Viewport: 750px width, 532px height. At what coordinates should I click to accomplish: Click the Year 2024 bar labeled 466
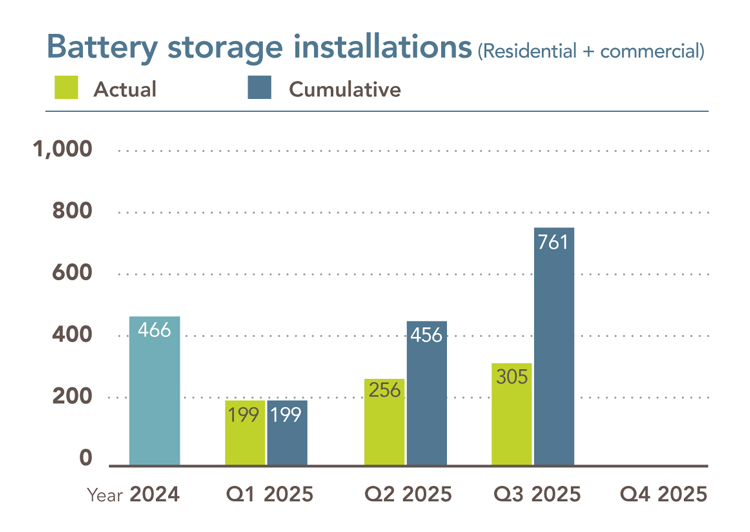(x=154, y=391)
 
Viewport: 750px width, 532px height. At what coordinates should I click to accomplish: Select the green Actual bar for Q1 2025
(x=245, y=433)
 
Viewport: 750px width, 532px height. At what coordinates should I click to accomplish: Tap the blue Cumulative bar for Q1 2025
(x=287, y=433)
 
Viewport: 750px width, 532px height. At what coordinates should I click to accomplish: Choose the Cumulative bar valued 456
(x=427, y=393)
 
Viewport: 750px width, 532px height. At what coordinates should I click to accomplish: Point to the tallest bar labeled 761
(x=554, y=346)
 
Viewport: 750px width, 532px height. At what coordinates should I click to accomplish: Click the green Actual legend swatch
(x=66, y=88)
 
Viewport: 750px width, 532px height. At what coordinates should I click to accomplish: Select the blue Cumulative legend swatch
(x=259, y=88)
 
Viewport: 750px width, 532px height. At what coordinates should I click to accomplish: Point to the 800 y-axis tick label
(x=72, y=211)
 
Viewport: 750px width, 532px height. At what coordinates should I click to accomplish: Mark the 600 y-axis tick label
(x=72, y=273)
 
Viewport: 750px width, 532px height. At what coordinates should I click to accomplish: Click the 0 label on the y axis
(x=86, y=459)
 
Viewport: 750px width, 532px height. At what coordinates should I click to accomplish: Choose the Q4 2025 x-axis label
(x=664, y=494)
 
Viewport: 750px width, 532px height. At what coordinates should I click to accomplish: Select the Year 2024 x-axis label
(x=133, y=494)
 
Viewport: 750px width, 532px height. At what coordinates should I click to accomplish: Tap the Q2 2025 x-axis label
(x=407, y=494)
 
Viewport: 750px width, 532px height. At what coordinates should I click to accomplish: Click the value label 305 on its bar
(x=512, y=377)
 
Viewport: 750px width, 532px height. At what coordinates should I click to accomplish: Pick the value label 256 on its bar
(x=384, y=390)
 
